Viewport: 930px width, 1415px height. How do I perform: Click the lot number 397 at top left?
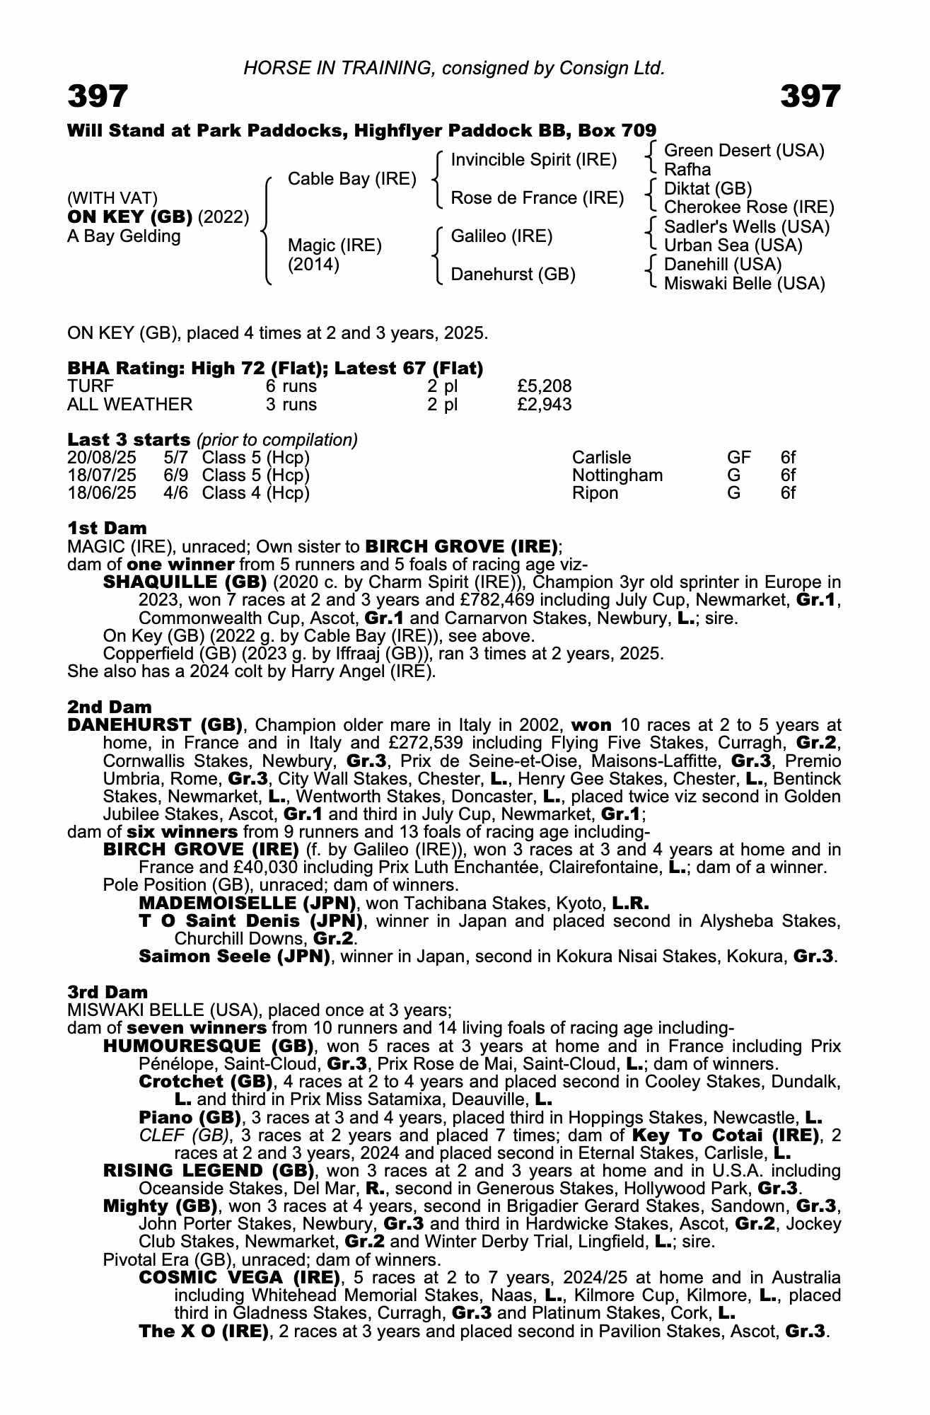coord(98,96)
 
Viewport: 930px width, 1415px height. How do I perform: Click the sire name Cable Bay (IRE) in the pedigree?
coord(351,179)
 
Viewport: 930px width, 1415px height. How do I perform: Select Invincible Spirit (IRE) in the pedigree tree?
coord(534,160)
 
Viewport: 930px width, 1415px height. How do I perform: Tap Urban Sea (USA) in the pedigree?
coord(733,246)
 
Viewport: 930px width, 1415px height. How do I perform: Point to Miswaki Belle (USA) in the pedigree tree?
coord(744,284)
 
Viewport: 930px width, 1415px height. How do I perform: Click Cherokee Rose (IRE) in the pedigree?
coord(749,207)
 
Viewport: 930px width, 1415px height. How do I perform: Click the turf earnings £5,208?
coord(544,386)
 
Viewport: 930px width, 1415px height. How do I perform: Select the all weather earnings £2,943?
coord(544,405)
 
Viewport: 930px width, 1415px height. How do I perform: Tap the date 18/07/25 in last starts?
coord(101,475)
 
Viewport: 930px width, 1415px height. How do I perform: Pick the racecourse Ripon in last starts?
coord(595,493)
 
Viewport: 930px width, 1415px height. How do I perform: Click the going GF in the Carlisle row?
coord(739,458)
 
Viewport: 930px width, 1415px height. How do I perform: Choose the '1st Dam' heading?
coord(107,528)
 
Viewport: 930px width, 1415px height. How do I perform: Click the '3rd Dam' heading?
coord(107,992)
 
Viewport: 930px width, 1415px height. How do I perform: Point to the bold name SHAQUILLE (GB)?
coord(185,582)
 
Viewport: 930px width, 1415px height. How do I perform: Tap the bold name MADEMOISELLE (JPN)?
coord(248,903)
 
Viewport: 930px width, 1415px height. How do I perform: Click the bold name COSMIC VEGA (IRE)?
coord(237,1278)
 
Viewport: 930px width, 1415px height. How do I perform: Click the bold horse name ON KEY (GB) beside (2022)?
coord(129,217)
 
